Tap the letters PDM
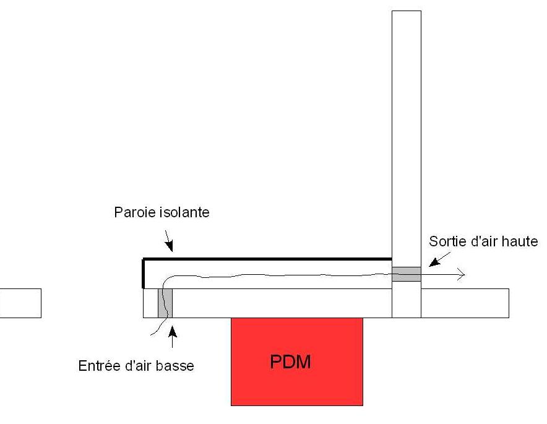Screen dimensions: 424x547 coord(290,362)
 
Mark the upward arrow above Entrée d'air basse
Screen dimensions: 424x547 coord(172,337)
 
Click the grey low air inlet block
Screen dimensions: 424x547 coord(165,303)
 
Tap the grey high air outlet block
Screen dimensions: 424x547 coord(407,274)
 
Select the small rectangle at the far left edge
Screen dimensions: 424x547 coord(20,303)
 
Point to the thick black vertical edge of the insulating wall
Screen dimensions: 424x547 coord(144,273)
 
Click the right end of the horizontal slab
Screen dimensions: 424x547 coord(504,303)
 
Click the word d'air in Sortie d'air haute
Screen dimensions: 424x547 coord(481,241)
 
